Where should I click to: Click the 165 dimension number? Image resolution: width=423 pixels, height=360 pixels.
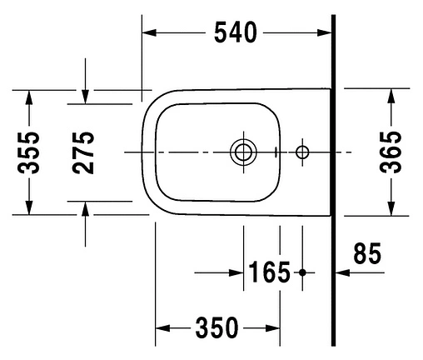[269, 272]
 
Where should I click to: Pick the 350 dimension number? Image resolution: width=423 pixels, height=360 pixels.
[217, 327]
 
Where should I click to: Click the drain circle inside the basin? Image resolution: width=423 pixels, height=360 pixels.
[243, 152]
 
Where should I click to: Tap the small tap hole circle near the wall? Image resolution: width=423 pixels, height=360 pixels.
[302, 152]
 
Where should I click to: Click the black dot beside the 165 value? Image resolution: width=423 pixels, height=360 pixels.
[302, 272]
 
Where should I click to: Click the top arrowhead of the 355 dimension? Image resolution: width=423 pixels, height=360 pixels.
[29, 96]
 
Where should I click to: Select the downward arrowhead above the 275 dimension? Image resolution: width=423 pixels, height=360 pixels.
[85, 97]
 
